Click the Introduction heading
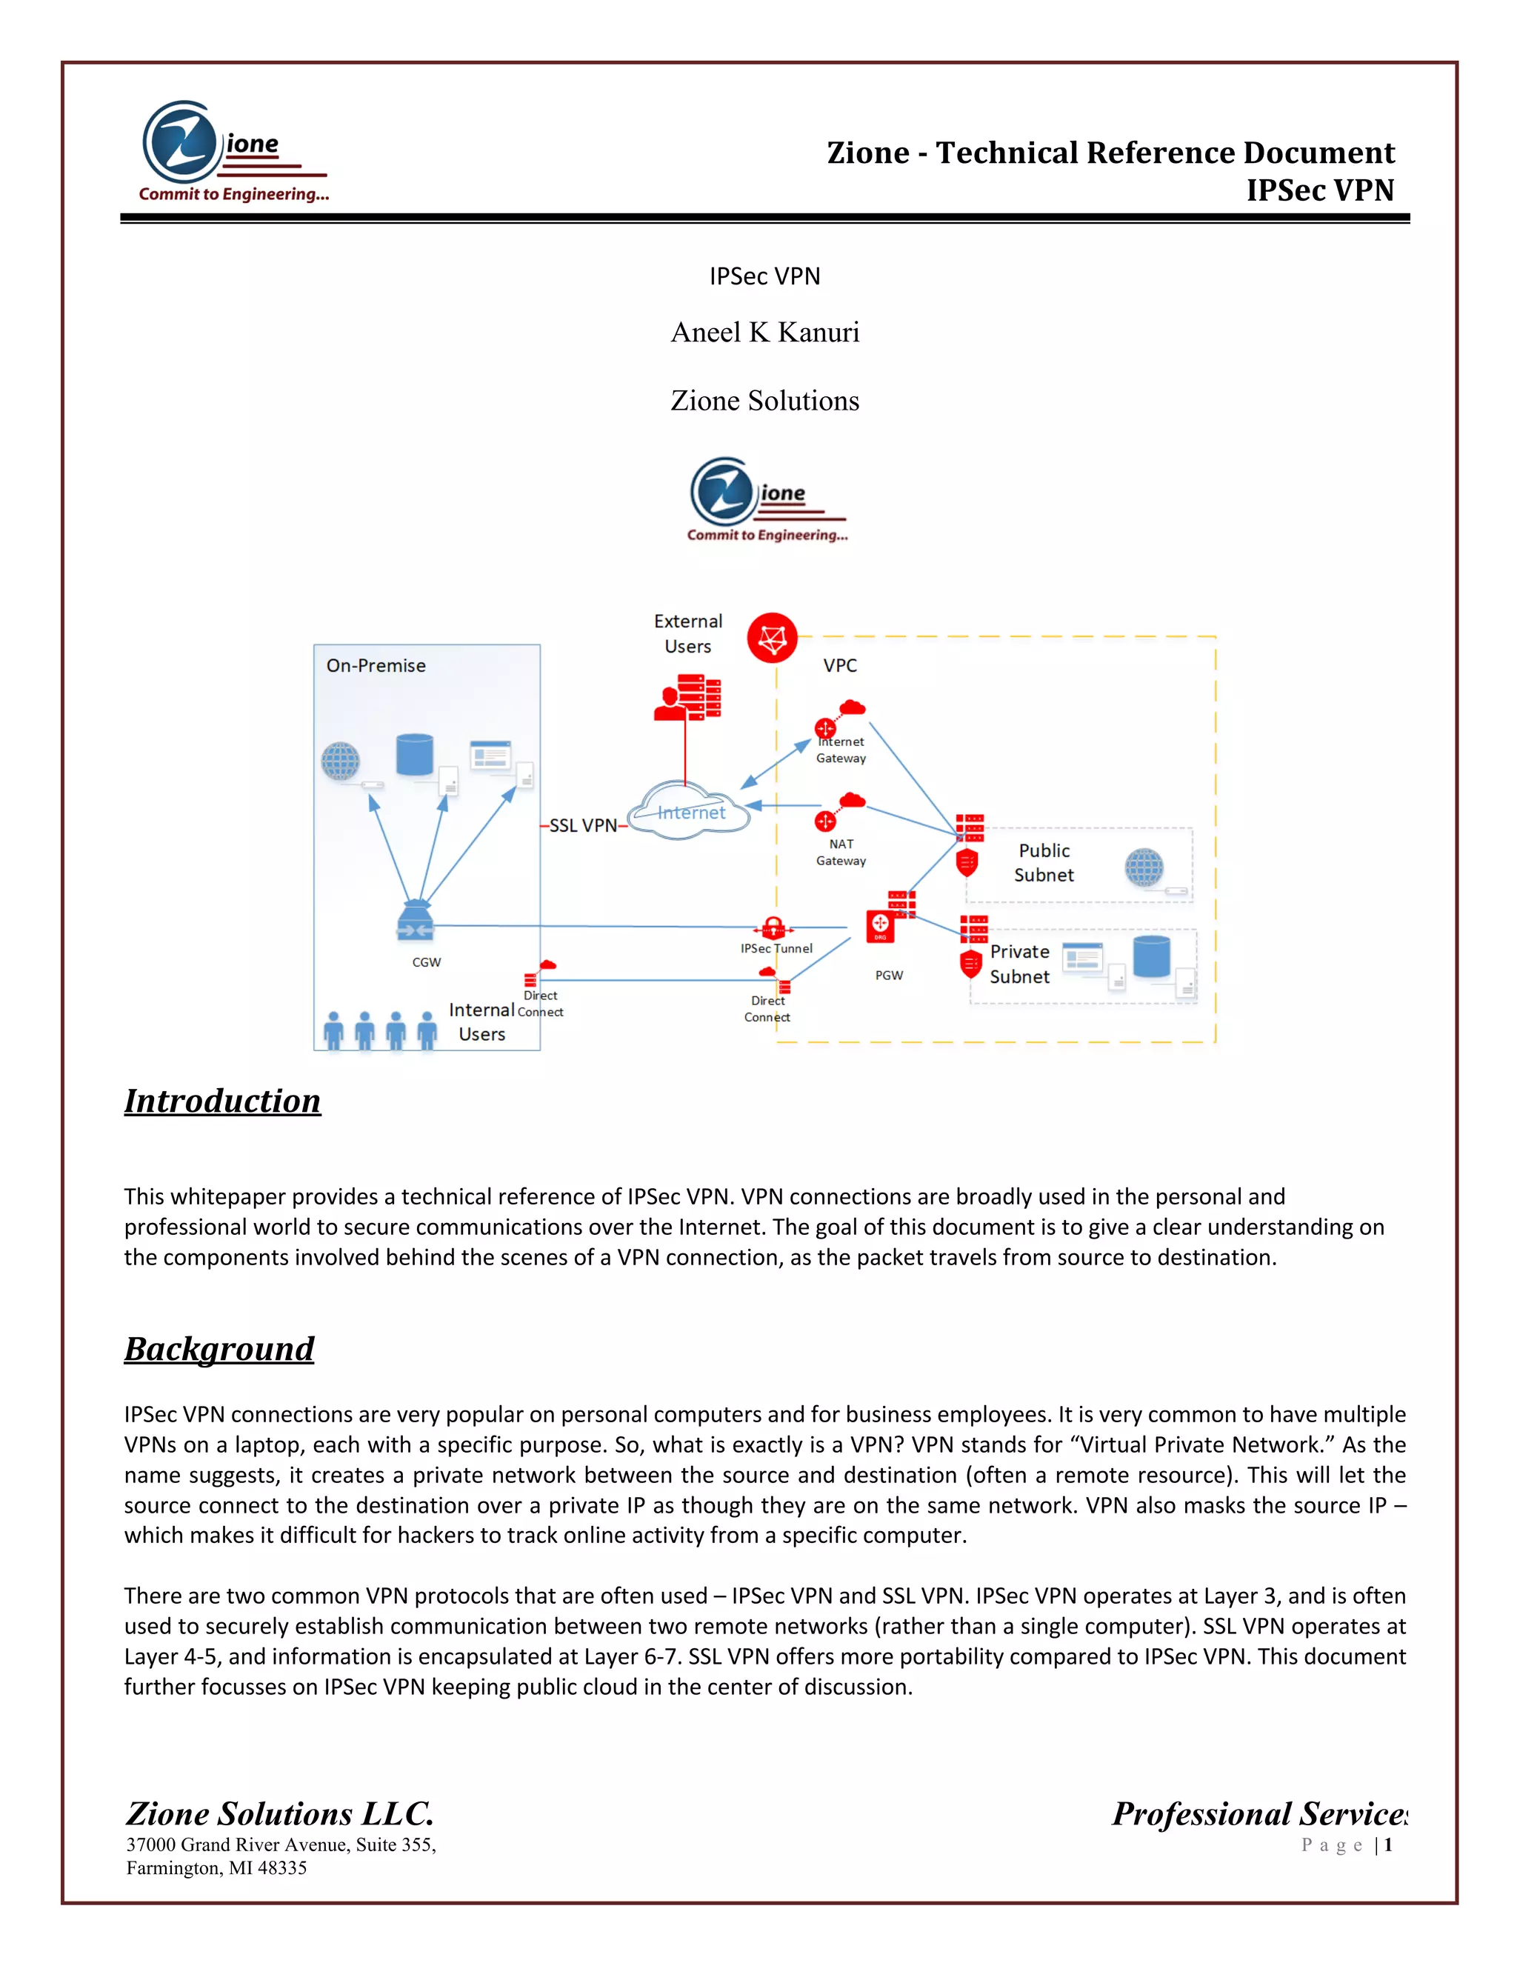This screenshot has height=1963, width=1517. click(222, 1101)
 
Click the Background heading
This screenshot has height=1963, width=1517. click(219, 1349)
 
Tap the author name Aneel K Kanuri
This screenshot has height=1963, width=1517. click(764, 333)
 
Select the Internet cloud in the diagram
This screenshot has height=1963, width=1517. click(690, 812)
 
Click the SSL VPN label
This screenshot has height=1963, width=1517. click(582, 825)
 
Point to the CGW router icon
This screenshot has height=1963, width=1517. click(416, 923)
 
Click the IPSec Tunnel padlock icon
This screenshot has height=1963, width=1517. click(773, 927)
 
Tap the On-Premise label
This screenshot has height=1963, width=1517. click(376, 666)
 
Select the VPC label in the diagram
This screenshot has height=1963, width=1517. click(839, 666)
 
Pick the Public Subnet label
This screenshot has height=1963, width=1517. click(1044, 863)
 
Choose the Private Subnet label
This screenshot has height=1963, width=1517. click(1019, 964)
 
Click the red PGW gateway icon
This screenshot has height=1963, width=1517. click(881, 927)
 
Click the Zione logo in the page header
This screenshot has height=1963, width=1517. click(233, 152)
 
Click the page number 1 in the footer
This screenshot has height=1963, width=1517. click(1389, 1845)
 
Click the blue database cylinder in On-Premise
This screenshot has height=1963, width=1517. click(414, 754)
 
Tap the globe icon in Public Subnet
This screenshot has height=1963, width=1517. click(1143, 867)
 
